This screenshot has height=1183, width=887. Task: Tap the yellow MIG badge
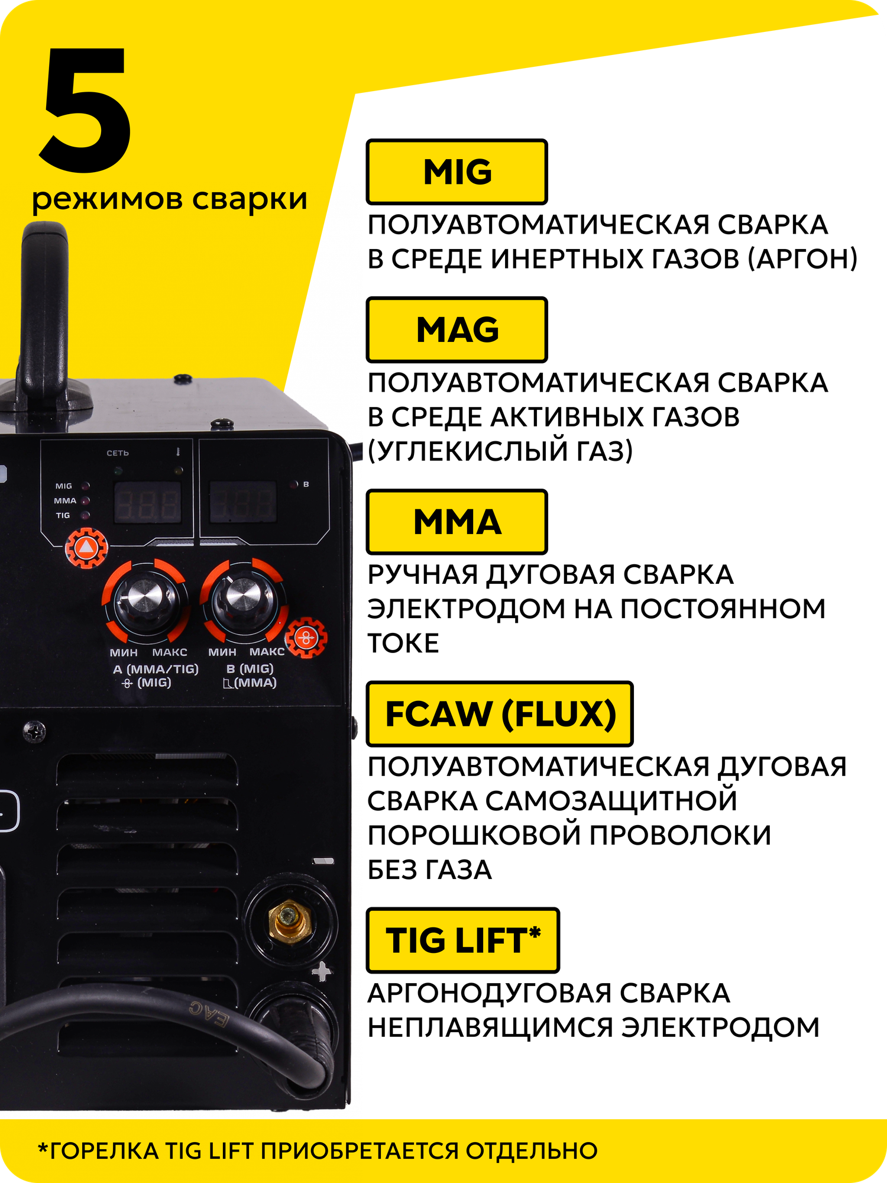(457, 172)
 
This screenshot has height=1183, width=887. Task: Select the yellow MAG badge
(457, 329)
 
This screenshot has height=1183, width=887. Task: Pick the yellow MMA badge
(457, 522)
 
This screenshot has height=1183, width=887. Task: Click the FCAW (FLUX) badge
(500, 713)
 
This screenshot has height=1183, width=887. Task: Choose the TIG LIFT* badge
(462, 940)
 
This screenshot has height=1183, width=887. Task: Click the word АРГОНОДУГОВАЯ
(490, 993)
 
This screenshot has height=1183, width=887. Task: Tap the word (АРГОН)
(802, 258)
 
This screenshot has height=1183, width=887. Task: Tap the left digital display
(147, 502)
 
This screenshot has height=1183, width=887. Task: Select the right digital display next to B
(244, 502)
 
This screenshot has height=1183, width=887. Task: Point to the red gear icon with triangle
(86, 547)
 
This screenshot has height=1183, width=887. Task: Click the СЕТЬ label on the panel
(118, 453)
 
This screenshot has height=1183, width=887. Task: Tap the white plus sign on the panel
(322, 971)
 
